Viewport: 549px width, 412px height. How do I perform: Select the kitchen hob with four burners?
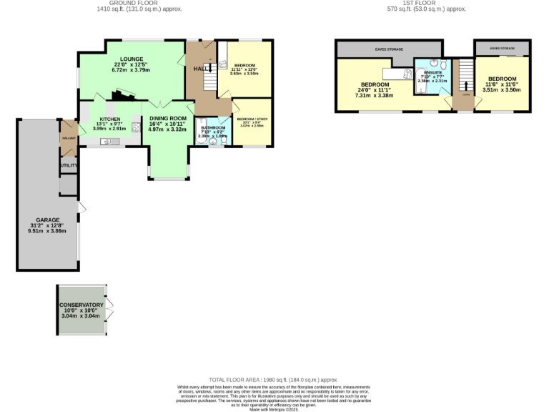point(135,129)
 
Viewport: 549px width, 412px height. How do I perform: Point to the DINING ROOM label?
point(168,118)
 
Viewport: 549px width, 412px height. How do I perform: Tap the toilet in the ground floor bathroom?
point(224,141)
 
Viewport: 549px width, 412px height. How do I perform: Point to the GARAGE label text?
point(48,220)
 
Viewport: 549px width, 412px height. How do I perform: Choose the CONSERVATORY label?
point(81,305)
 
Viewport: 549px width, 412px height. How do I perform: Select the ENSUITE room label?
point(432,72)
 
